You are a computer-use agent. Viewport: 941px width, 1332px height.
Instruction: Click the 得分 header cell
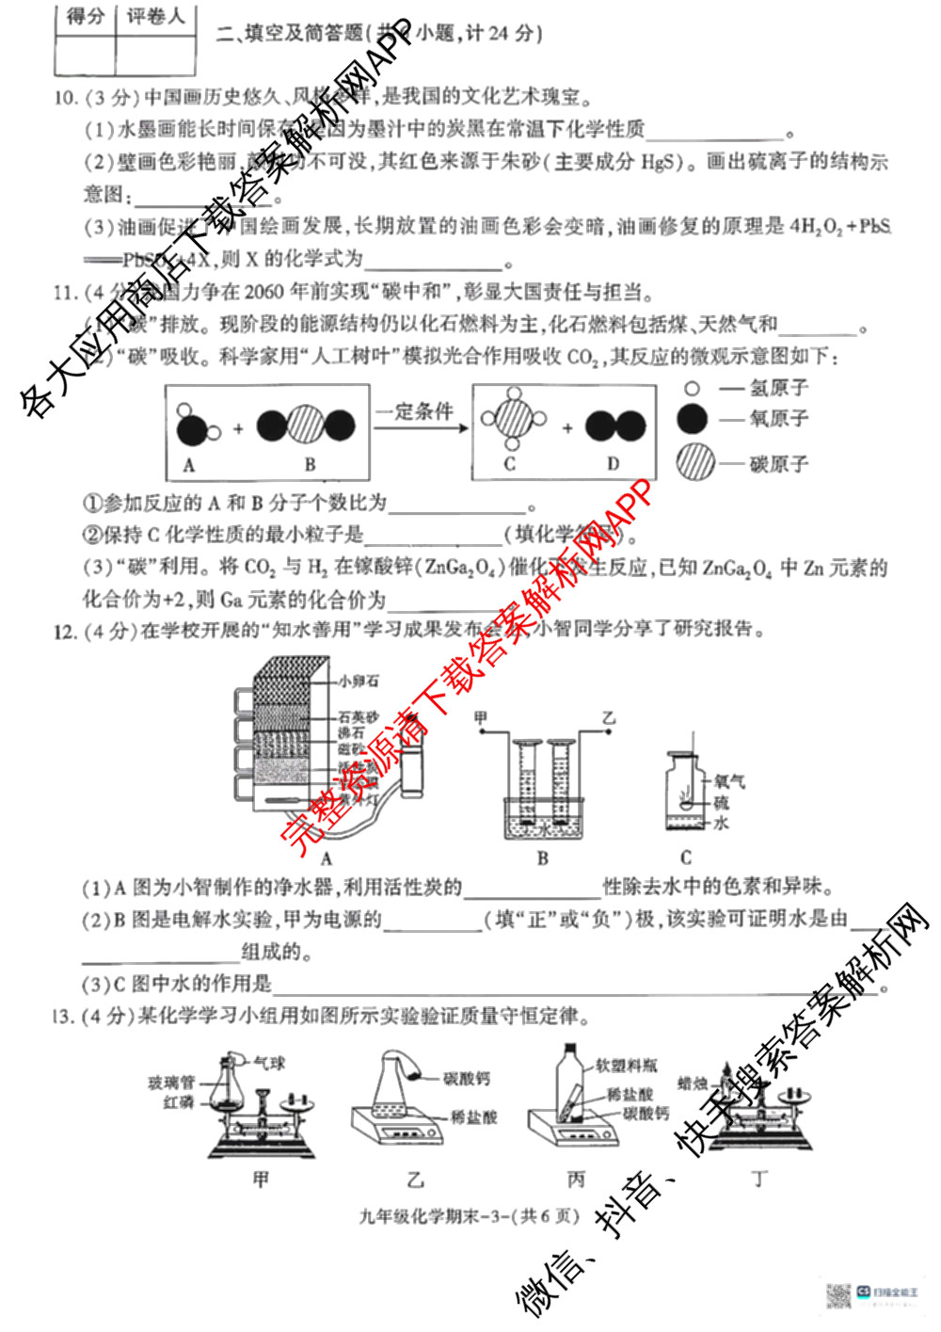[x=86, y=17]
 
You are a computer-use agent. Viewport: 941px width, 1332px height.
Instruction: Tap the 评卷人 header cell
[x=155, y=17]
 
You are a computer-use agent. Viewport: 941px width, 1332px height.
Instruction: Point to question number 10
[x=65, y=98]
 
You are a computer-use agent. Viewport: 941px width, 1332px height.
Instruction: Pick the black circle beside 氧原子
[x=693, y=419]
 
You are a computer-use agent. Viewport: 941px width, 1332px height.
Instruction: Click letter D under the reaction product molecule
[x=614, y=463]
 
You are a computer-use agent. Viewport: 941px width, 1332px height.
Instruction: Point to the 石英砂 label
[x=359, y=717]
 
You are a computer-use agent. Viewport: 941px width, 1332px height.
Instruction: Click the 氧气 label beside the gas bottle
[x=729, y=781]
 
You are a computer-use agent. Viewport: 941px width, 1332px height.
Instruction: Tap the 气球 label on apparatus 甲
[x=270, y=1063]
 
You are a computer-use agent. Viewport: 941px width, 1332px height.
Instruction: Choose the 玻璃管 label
[x=170, y=1083]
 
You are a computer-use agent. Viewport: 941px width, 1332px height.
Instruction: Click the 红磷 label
[x=178, y=1101]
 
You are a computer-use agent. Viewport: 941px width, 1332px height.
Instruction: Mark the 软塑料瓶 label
[x=627, y=1065]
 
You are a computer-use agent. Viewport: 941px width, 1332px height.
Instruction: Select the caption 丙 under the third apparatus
[x=576, y=1179]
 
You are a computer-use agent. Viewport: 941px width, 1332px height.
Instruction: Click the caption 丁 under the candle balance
[x=759, y=1179]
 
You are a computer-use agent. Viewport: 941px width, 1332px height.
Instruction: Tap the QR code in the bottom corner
[x=837, y=1295]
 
